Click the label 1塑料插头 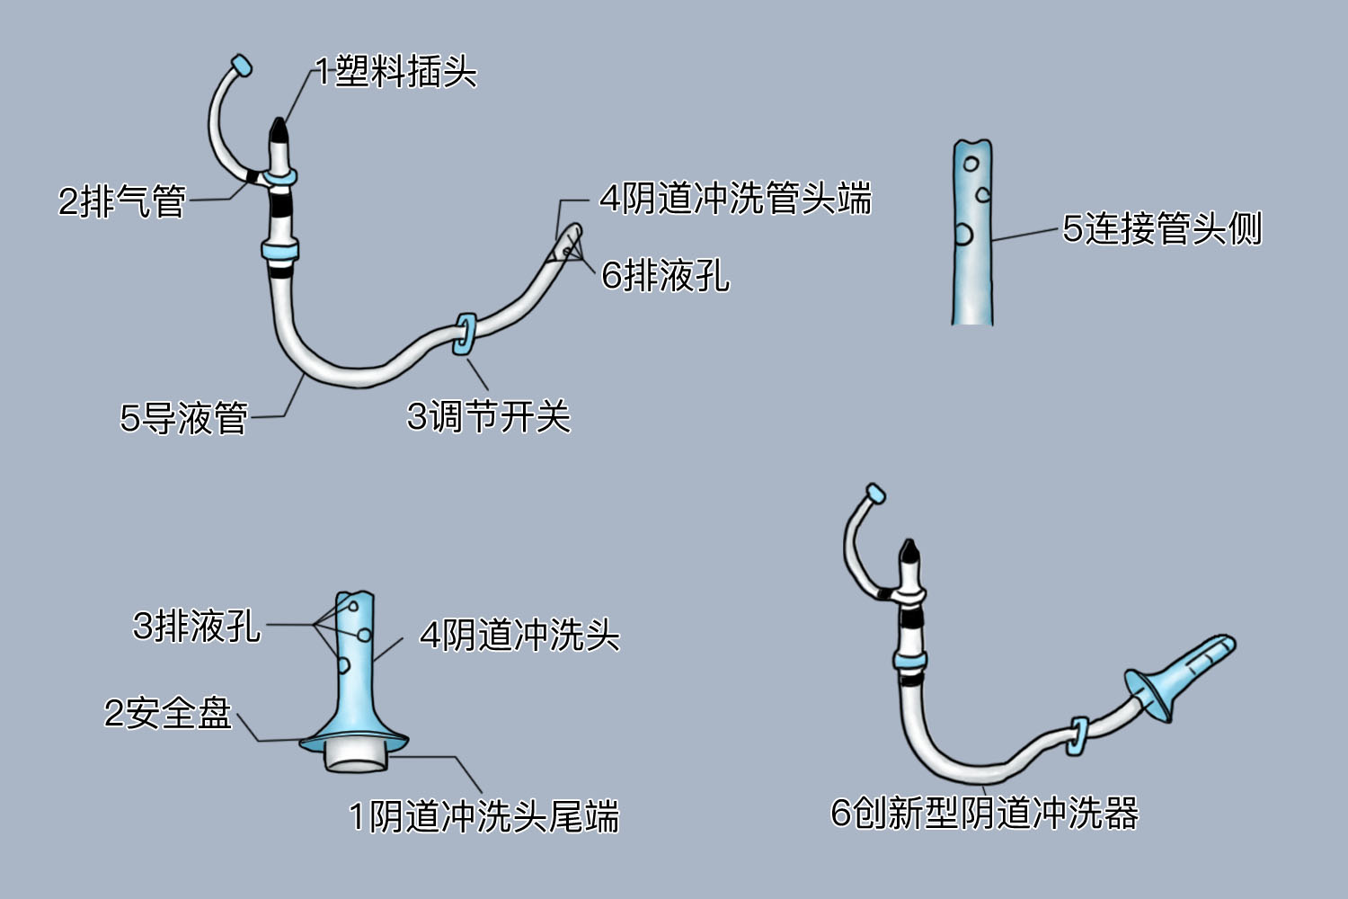coord(395,72)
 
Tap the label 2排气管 coord(122,200)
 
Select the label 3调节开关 coord(489,416)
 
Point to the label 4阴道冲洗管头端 coord(735,198)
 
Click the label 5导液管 coord(184,418)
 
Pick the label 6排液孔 coord(665,275)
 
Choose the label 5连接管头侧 coord(1162,228)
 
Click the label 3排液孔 coord(197,626)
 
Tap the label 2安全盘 coord(168,713)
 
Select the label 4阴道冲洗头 coord(519,635)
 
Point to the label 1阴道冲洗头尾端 coord(483,816)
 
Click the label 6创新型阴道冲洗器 coord(984,813)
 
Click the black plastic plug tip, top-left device coord(279,131)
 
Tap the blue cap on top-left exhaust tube coord(241,66)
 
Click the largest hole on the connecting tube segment coord(962,235)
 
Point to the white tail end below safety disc coord(357,755)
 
